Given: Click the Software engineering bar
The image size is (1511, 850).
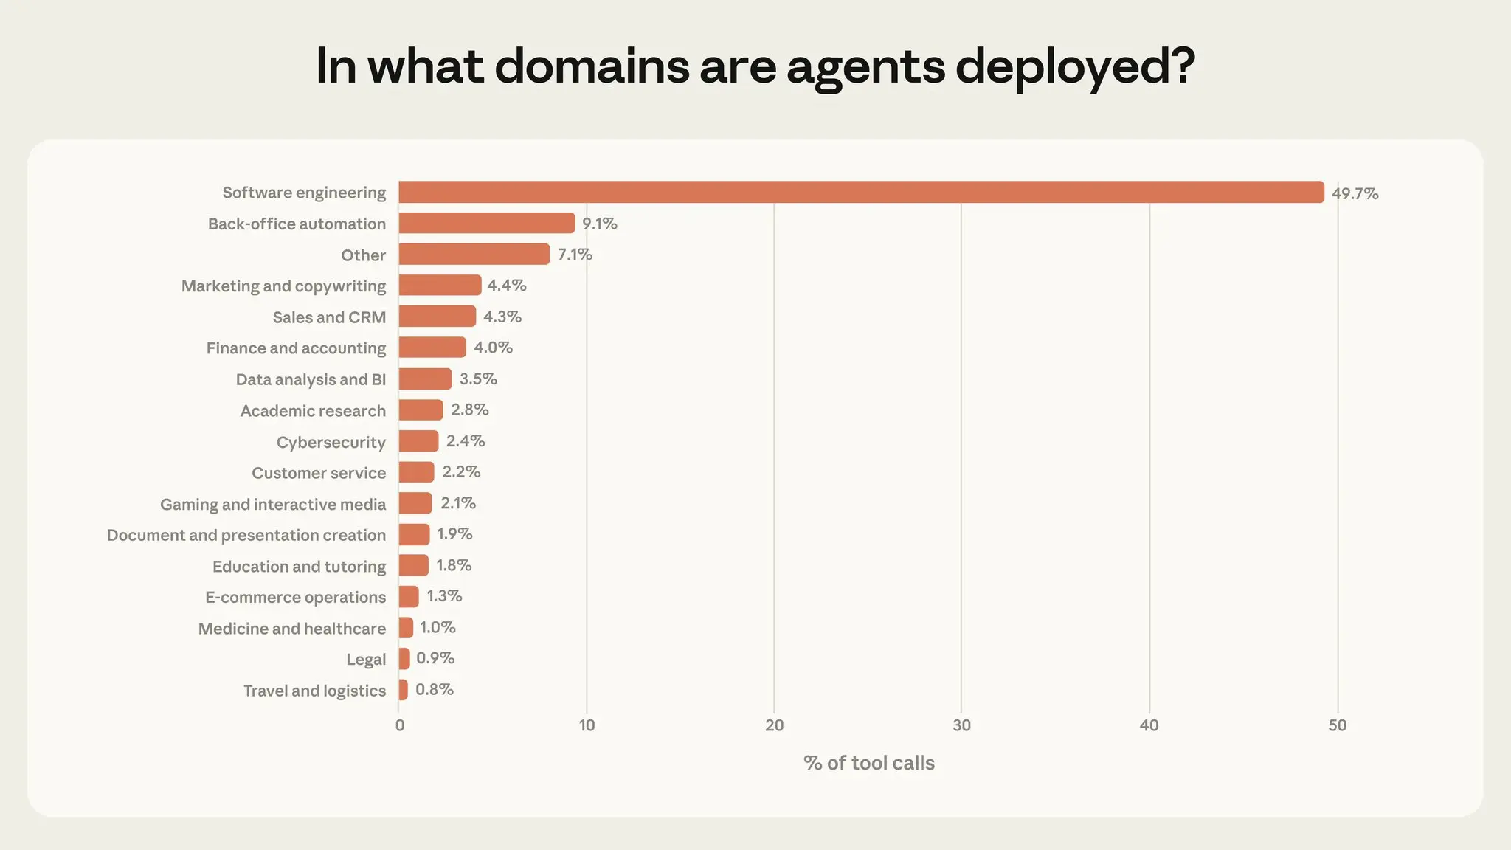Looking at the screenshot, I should pos(861,193).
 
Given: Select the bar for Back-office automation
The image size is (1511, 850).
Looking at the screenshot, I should pos(487,224).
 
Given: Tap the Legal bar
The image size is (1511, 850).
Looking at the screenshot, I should pos(404,659).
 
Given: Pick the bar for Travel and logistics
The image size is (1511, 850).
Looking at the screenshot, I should pos(404,690).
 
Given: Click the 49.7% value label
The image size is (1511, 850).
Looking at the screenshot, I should pos(1355,193).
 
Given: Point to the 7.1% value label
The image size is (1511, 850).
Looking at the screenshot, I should pos(575,255).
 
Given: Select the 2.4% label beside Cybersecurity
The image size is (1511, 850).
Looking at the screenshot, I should pos(466,441).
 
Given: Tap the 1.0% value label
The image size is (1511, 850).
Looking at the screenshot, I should pos(438,628).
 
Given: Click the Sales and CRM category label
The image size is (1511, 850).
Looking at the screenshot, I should pos(329,317).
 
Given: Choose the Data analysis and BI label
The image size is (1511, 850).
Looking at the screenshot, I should pos(311,379).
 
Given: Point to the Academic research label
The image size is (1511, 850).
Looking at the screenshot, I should pos(313,411).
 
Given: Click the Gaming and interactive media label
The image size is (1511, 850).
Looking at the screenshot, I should pos(273,505).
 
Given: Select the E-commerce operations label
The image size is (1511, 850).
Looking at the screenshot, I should pos(295,598).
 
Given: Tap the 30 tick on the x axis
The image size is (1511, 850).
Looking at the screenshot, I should pos(961,725).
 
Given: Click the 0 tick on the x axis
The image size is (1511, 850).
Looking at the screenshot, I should pos(400,725).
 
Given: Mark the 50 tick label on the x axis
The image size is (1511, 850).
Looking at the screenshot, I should pos(1337,725).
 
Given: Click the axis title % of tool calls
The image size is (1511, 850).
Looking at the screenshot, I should pos(869,763).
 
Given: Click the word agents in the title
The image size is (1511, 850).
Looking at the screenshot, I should pos(865,66).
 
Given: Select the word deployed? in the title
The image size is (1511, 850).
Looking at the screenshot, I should pos(1075,66).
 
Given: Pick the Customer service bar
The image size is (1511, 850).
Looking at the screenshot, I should pos(417,472).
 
